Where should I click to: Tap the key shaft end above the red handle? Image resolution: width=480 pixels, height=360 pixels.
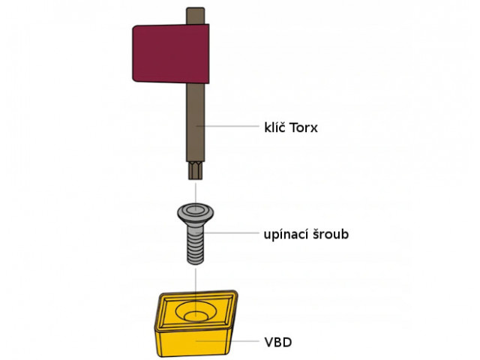(x=196, y=15)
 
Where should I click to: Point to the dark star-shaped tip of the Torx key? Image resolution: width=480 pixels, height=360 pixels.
(x=195, y=171)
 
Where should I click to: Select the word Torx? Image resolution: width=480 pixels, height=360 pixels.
(x=302, y=127)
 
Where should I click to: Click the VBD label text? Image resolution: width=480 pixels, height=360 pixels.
(x=278, y=343)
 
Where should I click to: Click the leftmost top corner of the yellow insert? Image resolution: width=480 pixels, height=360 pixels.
(x=159, y=298)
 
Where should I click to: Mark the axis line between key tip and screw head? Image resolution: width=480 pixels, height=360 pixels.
(x=195, y=191)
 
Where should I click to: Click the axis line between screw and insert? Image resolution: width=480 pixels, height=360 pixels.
(x=195, y=281)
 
